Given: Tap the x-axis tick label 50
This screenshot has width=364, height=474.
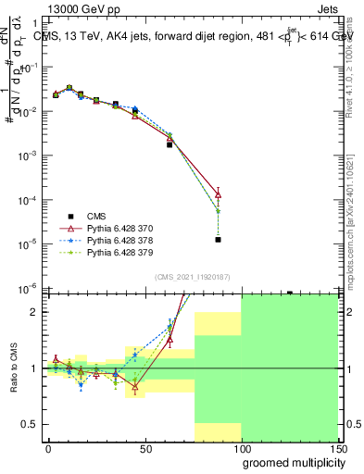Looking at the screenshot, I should tap(145, 448).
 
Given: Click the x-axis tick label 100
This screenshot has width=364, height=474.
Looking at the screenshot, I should tap(242, 448).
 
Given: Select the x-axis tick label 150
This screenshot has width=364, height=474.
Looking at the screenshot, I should tap(339, 448).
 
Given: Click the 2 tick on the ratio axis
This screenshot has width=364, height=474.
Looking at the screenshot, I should tap(36, 312).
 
